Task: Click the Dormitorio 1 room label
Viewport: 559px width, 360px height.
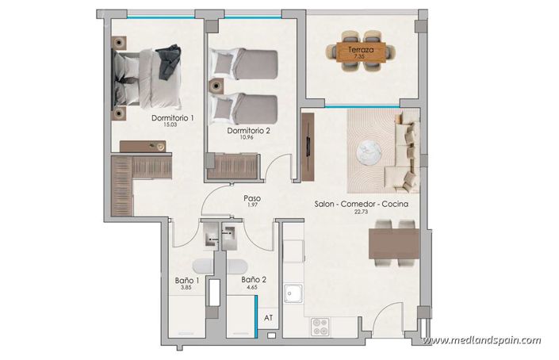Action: [x=172, y=118]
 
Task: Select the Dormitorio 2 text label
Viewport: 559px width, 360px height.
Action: [x=248, y=131]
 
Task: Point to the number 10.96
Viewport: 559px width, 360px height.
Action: [x=248, y=139]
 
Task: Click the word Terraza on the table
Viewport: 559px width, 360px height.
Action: [x=361, y=51]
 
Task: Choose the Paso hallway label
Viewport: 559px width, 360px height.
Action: [x=252, y=199]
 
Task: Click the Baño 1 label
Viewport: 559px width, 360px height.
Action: [x=186, y=281]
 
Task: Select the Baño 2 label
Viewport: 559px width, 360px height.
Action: [x=253, y=281]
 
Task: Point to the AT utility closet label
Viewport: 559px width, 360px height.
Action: [x=269, y=317]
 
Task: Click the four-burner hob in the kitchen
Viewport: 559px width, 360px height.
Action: [x=320, y=324]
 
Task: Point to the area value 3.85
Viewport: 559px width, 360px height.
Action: [x=186, y=289]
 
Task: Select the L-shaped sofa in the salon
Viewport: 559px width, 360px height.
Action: [x=405, y=152]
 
